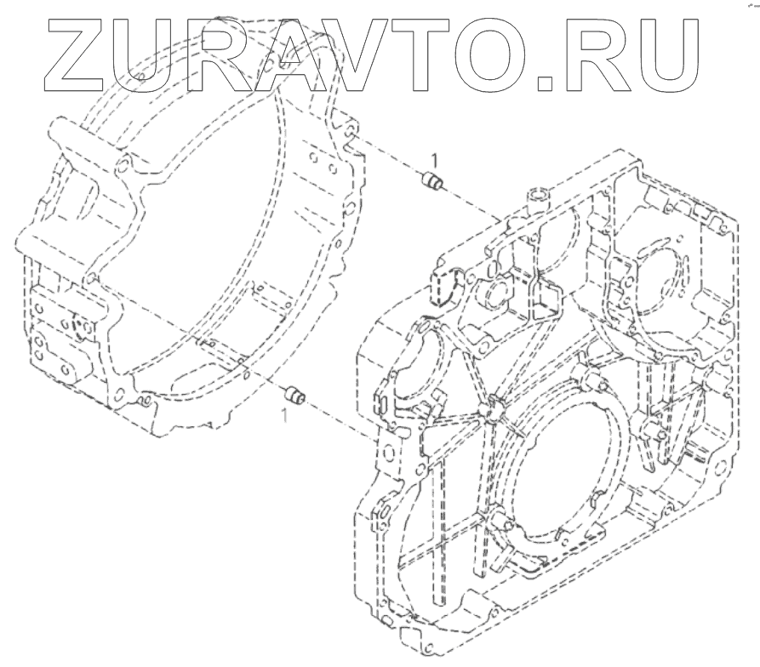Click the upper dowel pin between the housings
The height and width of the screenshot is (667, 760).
tap(431, 181)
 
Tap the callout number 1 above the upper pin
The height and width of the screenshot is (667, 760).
tap(434, 160)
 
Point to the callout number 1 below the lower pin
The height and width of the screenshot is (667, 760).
tap(285, 416)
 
